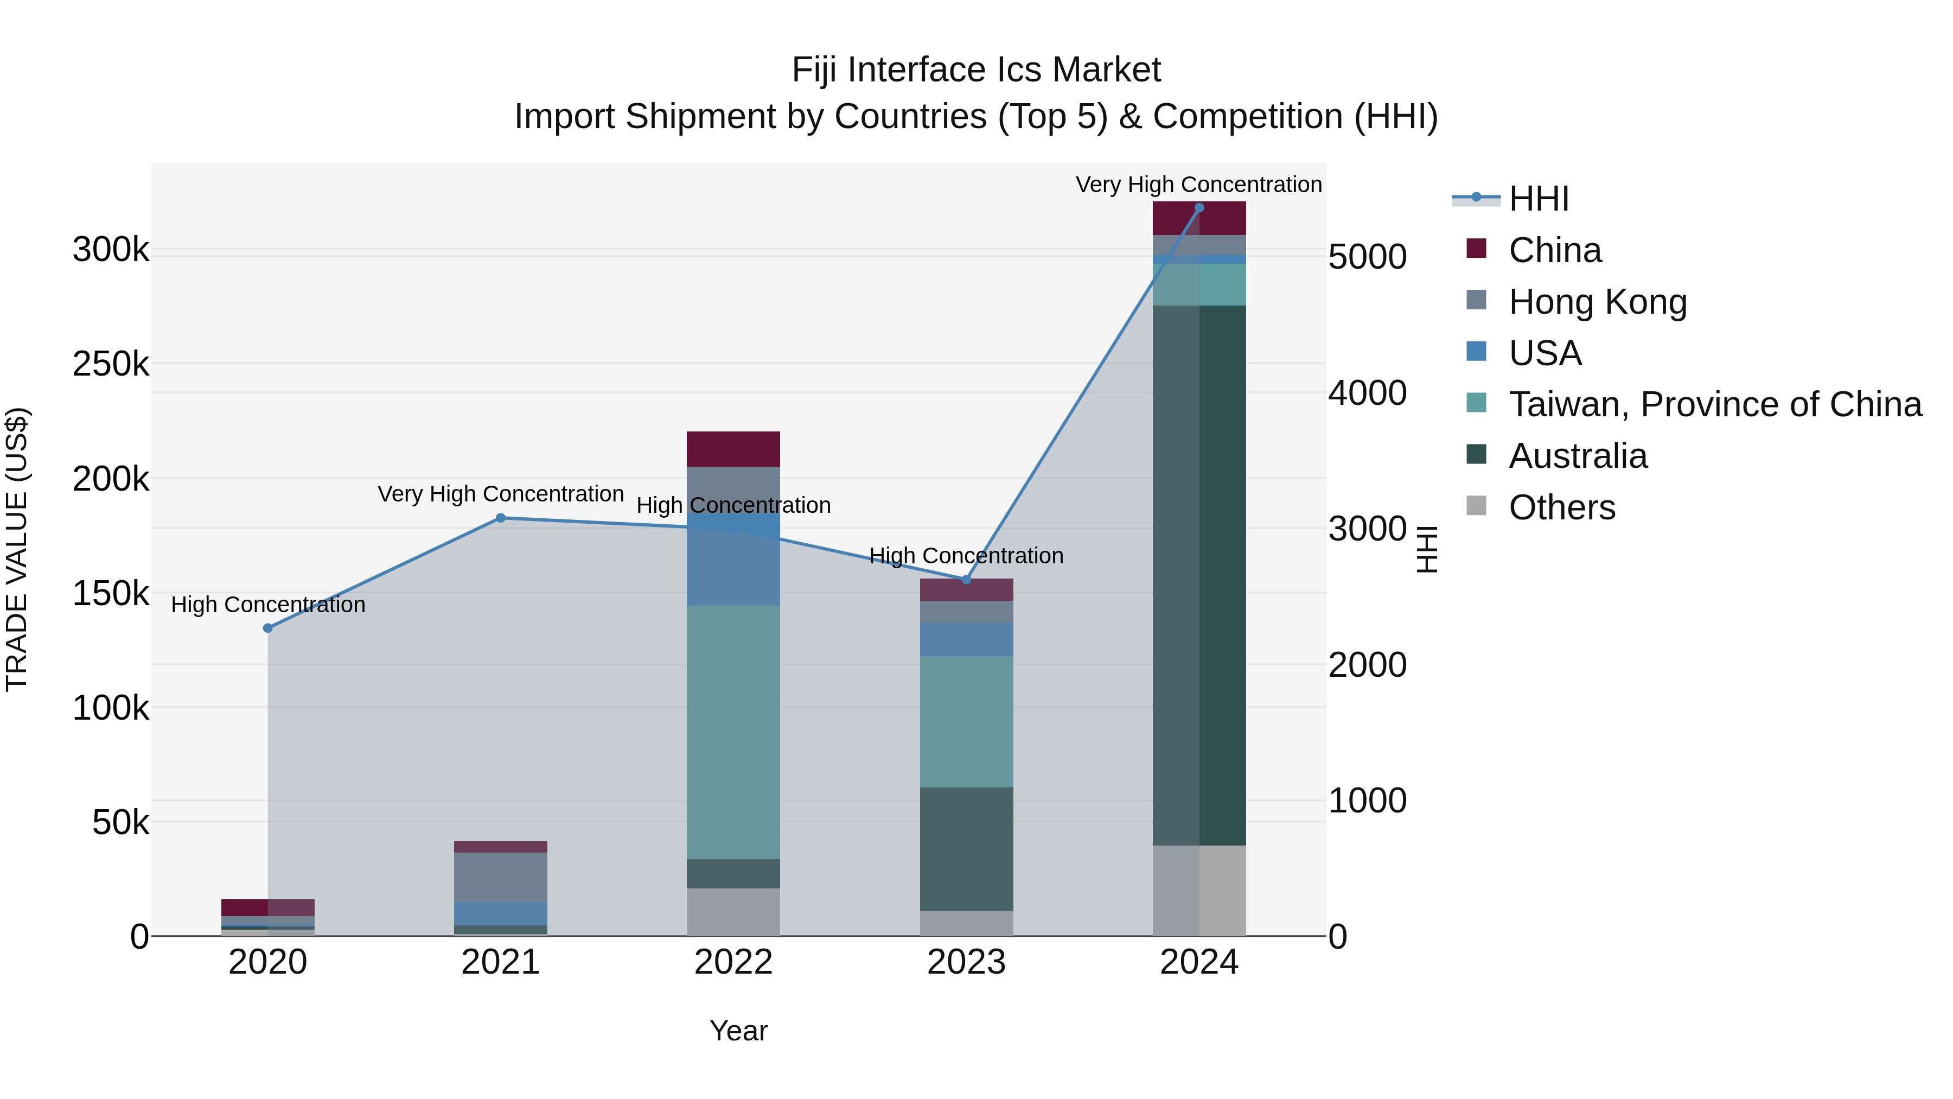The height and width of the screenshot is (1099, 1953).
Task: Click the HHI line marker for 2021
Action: tap(500, 518)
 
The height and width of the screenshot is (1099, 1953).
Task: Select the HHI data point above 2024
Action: tap(1198, 208)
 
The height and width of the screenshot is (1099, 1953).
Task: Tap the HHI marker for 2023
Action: tap(966, 580)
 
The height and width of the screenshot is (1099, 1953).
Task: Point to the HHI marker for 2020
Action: tap(267, 628)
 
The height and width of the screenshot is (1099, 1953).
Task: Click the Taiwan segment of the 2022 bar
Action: tap(733, 732)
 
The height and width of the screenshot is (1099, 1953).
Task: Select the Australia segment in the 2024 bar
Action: tap(1198, 575)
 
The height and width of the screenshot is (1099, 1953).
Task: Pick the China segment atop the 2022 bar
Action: tap(733, 449)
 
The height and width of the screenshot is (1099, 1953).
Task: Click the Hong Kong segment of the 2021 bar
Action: tap(500, 877)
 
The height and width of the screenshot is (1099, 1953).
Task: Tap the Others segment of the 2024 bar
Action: tap(1198, 891)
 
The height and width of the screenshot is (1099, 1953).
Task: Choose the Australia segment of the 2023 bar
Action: tap(966, 849)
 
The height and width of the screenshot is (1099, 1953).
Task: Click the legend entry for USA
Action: tap(1545, 353)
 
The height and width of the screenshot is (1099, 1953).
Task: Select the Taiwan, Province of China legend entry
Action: tap(1715, 404)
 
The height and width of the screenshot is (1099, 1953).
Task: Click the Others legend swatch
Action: tap(1476, 506)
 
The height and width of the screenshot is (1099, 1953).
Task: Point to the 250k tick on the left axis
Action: tap(111, 365)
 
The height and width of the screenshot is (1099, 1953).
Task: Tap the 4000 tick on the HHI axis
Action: tap(1367, 393)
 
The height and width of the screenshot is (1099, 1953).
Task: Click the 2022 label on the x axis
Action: tap(733, 962)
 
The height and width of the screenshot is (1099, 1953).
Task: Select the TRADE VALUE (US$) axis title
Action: tap(17, 549)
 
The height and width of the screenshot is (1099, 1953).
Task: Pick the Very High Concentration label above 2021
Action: tap(500, 494)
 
